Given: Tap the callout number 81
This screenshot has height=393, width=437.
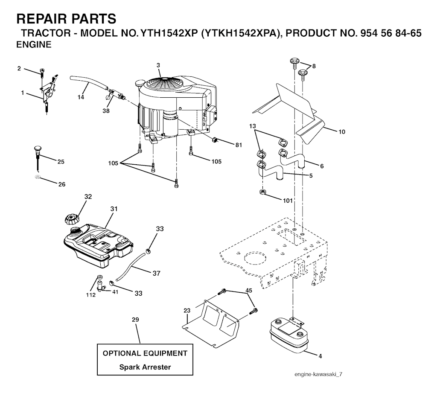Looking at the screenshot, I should point(239,145).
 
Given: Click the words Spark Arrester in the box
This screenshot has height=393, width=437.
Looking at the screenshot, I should point(145,367).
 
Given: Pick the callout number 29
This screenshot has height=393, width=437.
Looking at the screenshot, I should point(136,320).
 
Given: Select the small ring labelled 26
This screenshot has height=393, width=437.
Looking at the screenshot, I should point(38,177).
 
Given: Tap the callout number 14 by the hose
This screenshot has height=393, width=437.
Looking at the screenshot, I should point(81,97).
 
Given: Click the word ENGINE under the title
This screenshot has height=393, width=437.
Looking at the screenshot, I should point(34,44).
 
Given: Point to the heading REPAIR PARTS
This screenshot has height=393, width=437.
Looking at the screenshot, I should point(66,19).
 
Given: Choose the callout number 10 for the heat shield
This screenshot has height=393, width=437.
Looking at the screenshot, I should point(341,132).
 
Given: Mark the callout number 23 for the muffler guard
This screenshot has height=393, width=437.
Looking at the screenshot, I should point(186,310).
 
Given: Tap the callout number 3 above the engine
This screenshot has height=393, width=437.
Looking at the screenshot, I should point(158,65).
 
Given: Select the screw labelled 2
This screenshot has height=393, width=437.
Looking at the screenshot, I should point(42,72).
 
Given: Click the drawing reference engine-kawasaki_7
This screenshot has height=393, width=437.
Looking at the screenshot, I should point(318,374).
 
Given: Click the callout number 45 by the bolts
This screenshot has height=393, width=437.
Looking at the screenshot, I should point(248,291).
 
